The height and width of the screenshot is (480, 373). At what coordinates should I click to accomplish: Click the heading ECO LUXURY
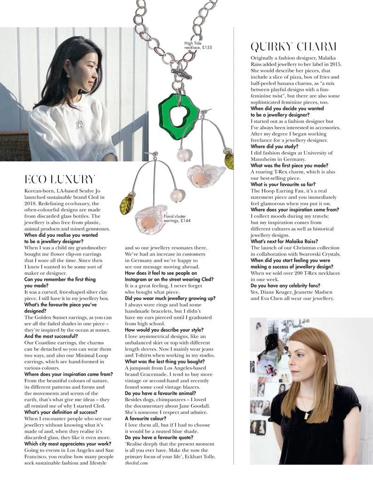point(60,179)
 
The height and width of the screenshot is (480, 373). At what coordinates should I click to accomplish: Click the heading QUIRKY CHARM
point(294,46)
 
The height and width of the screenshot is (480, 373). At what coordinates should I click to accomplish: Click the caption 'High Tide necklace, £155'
point(198,45)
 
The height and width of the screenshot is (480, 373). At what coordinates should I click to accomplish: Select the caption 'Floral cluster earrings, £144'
point(177,218)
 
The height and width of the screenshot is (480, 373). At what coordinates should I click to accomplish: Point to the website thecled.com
point(137,463)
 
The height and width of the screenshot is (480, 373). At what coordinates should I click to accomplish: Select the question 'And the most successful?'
point(51,336)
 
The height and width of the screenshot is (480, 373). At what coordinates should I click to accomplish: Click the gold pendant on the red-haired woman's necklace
point(306,415)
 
